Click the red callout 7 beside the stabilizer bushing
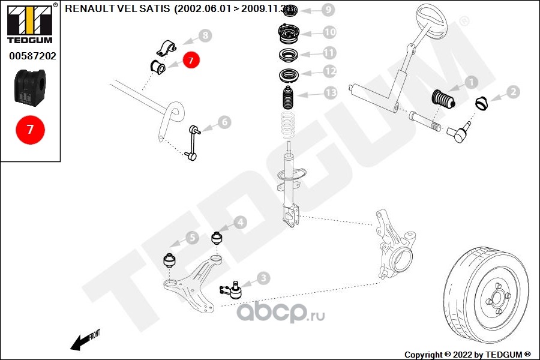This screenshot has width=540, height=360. pyautogui.click(x=191, y=60)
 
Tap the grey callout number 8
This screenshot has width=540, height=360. pyautogui.click(x=205, y=36)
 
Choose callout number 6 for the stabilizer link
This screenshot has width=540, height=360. pyautogui.click(x=224, y=122)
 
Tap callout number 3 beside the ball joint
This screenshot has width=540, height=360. pyautogui.click(x=263, y=278)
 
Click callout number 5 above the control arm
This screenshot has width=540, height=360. pyautogui.click(x=191, y=238)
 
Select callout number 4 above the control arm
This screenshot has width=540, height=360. pyautogui.click(x=239, y=223)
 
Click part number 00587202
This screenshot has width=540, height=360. pyautogui.click(x=32, y=56)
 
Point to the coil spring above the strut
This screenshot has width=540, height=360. pyautogui.click(x=289, y=126)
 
